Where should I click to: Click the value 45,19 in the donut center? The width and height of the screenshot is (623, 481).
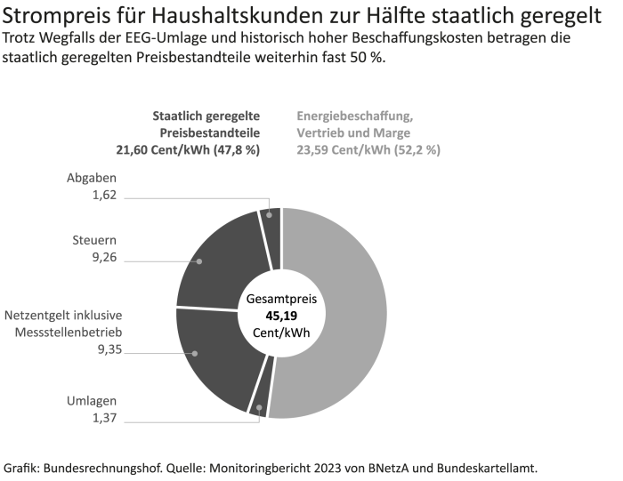tap(281, 316)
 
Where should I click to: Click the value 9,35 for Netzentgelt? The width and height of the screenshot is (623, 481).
tap(109, 350)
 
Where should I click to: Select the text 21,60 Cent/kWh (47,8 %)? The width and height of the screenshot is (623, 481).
tap(188, 149)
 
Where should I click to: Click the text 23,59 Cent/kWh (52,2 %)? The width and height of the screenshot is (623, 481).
tap(368, 149)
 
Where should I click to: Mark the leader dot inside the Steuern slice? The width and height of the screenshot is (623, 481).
tap(198, 261)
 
